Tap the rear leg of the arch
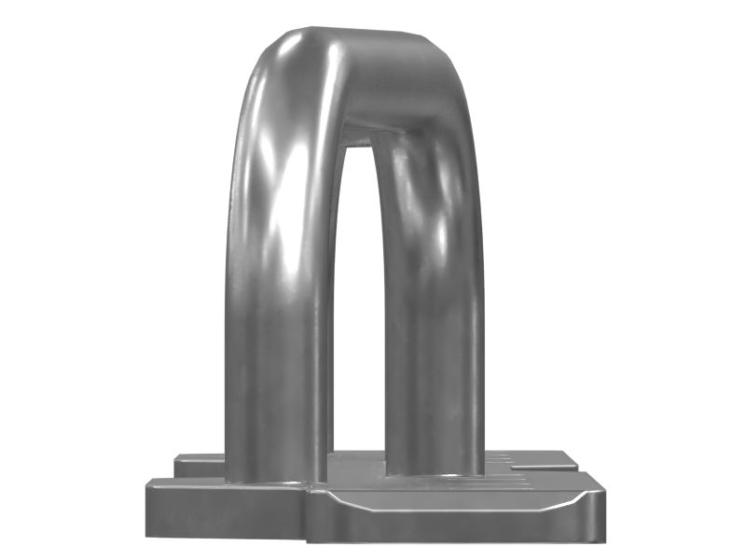(434, 355)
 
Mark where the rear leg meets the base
(434, 471)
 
